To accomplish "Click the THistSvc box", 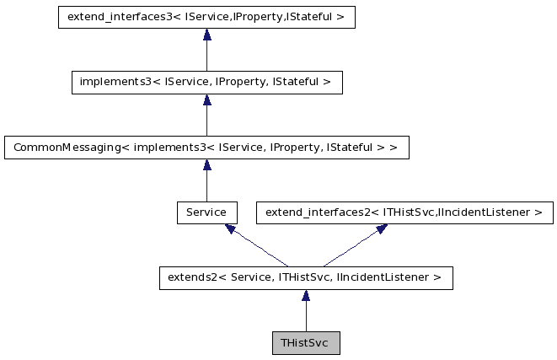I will (x=306, y=343).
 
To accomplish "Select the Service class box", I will (x=206, y=212).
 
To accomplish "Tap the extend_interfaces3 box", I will (x=206, y=17).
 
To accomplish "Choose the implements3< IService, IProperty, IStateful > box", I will (x=206, y=82).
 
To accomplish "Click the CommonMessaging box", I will (x=206, y=148).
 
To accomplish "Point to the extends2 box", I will (x=306, y=277).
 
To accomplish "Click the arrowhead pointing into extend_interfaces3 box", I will (x=206, y=34).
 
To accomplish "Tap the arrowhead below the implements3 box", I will (x=206, y=99).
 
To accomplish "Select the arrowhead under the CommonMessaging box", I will (x=206, y=164).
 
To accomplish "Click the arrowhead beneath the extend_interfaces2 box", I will (x=380, y=228).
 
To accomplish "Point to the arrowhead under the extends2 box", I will (x=306, y=295).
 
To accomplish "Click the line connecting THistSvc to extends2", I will (x=306, y=317).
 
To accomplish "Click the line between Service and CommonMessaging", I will (x=206, y=185).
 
